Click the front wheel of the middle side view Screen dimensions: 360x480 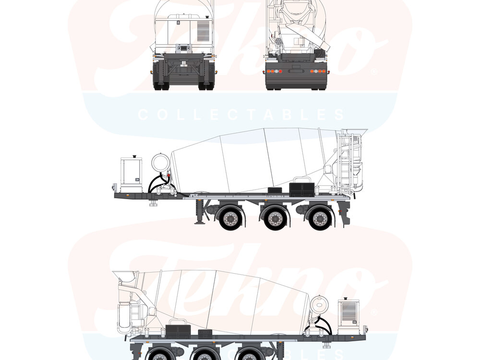(231, 218)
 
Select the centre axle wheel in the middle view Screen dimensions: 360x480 (275, 218)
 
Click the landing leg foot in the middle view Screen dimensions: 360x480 (197, 222)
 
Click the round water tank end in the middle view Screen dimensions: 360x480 (159, 162)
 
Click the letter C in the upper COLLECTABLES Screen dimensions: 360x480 (142, 115)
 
